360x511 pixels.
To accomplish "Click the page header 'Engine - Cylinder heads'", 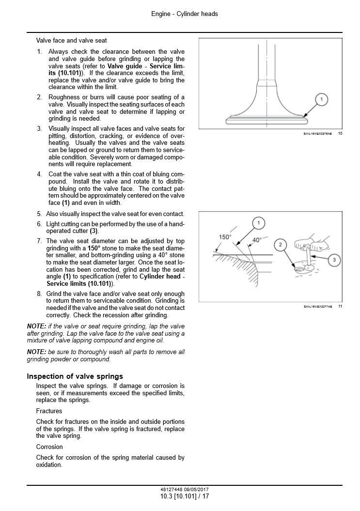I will click(x=184, y=14).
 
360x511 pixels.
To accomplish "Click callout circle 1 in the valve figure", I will click(x=320, y=100).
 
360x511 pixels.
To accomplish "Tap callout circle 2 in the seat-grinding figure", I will click(x=280, y=245).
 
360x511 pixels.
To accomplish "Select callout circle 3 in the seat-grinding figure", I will click(x=334, y=261).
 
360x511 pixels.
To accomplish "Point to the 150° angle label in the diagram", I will click(x=225, y=237).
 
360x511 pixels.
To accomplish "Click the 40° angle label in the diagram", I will click(x=256, y=239).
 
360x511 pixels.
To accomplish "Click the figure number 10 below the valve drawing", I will click(x=340, y=133).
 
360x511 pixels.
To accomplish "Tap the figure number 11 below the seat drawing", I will click(x=340, y=306).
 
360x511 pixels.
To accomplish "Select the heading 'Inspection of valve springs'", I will click(x=75, y=376).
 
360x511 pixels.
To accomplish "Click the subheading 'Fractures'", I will click(x=49, y=411).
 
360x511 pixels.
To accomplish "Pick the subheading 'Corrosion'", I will click(x=49, y=447).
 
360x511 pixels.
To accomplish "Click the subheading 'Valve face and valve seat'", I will click(x=71, y=41).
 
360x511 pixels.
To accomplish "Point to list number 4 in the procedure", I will click(x=39, y=174).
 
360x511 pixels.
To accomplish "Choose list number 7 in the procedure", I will click(x=39, y=241).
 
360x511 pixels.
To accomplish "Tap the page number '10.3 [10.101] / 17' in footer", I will click(x=184, y=496).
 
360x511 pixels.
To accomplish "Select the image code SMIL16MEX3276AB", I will click(x=318, y=134).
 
